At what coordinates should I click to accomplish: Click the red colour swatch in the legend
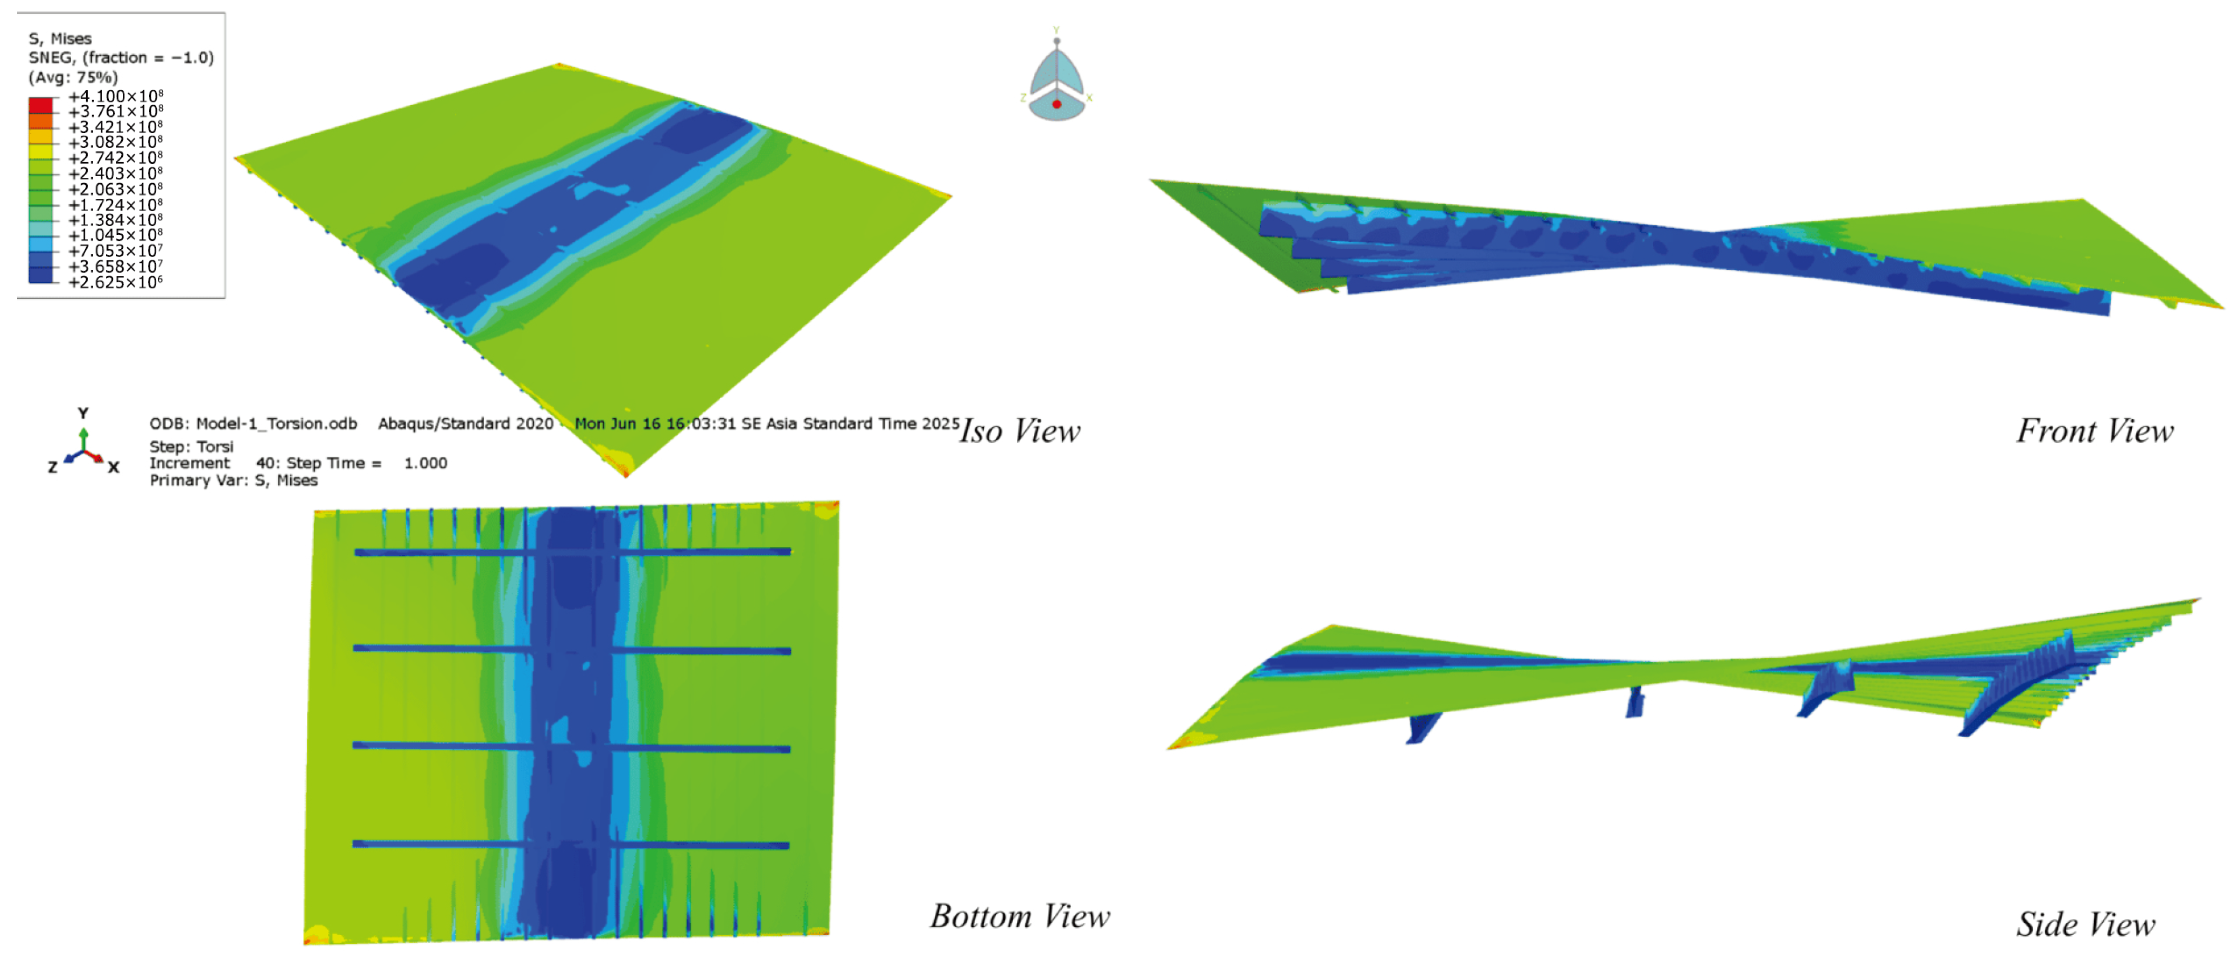click(40, 105)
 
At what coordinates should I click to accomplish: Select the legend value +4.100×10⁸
click(116, 96)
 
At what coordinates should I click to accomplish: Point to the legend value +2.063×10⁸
click(116, 189)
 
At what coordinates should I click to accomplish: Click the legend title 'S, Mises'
click(60, 38)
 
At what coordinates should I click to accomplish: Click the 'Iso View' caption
click(1019, 432)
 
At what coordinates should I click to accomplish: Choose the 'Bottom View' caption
click(1019, 916)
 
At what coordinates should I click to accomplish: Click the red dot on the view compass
click(1057, 105)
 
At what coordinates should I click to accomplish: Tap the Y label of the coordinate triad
click(82, 413)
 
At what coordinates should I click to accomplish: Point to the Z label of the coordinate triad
click(53, 467)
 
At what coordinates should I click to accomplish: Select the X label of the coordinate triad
click(113, 467)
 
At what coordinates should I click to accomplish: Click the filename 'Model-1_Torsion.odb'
click(276, 423)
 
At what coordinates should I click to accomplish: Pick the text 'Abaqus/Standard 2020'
click(465, 423)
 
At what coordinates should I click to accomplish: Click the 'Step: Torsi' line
click(191, 446)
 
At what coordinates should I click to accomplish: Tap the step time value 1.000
click(425, 463)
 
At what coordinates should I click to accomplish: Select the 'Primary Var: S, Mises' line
click(233, 480)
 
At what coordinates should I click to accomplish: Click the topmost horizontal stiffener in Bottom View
click(572, 551)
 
